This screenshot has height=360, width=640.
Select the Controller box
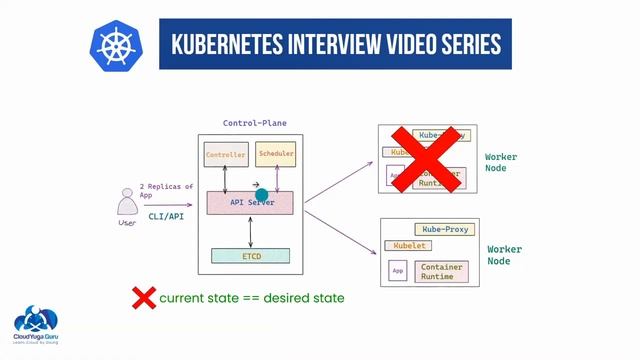click(225, 156)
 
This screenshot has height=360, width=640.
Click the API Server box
click(249, 202)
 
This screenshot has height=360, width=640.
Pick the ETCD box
click(250, 256)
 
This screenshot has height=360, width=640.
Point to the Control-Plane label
click(254, 123)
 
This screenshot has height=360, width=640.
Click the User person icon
click(127, 207)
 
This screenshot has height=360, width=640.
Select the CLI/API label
click(166, 215)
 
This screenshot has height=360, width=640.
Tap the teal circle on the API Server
click(262, 196)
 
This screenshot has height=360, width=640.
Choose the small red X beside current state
click(144, 298)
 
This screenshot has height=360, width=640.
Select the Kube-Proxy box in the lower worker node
click(444, 229)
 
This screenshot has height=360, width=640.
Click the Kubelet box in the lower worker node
click(410, 246)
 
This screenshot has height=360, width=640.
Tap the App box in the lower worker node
click(398, 271)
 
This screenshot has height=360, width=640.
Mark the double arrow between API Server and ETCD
click(249, 231)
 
